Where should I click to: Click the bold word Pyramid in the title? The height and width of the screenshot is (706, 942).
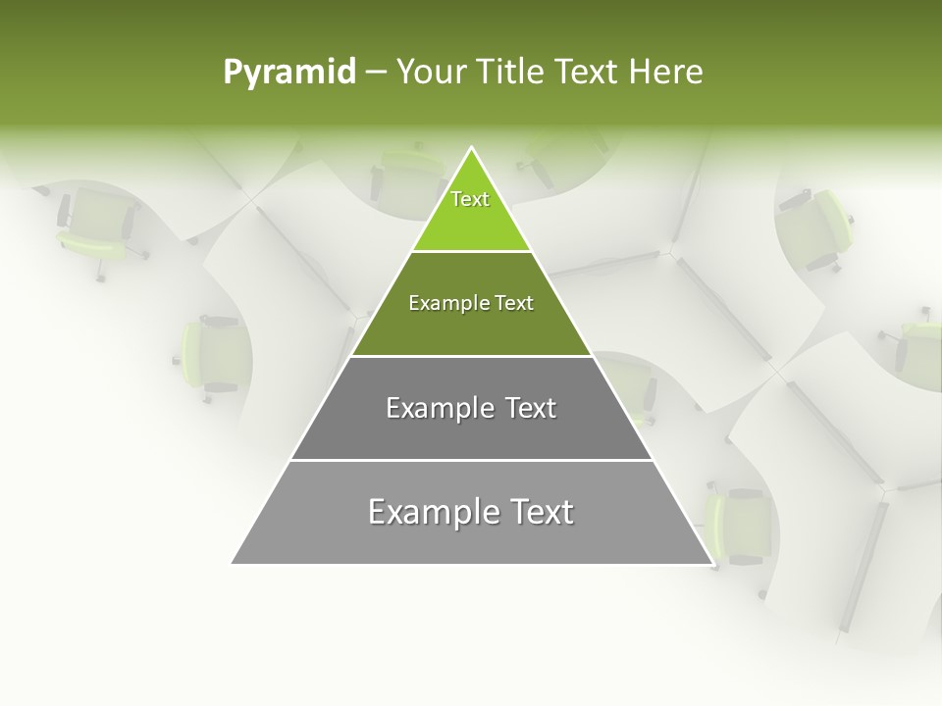pyautogui.click(x=288, y=73)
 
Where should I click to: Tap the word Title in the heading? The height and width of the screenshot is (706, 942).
pyautogui.click(x=509, y=73)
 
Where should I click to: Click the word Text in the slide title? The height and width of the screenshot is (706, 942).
pyautogui.click(x=588, y=73)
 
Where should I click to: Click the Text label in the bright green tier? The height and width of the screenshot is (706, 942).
pyautogui.click(x=470, y=199)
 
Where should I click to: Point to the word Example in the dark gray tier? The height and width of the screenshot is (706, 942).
pyautogui.click(x=439, y=408)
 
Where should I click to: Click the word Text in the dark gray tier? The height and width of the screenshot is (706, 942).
pyautogui.click(x=531, y=408)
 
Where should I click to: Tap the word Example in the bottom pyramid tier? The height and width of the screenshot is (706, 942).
pyautogui.click(x=431, y=512)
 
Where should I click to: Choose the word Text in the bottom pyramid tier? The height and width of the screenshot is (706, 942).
pyautogui.click(x=540, y=512)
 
